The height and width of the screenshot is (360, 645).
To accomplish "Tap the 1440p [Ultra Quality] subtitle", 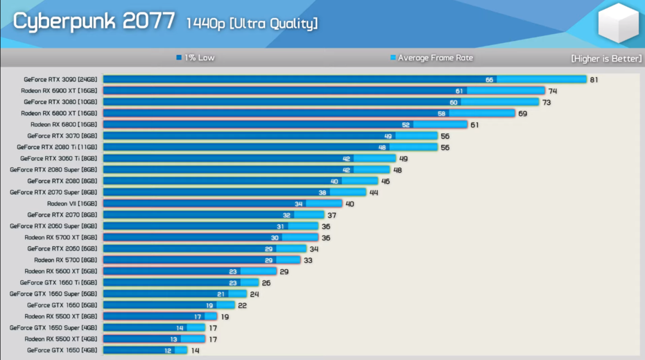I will click(x=251, y=24).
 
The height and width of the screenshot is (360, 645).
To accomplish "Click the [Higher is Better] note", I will click(x=604, y=58).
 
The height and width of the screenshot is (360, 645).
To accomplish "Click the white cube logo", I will click(x=617, y=23).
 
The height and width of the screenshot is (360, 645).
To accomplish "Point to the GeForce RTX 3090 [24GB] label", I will click(x=60, y=80).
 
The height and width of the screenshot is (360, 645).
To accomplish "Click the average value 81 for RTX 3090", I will click(x=594, y=80).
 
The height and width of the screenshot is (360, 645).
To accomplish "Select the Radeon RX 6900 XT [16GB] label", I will click(x=59, y=91).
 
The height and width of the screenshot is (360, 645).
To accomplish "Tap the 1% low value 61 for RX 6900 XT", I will click(x=459, y=91).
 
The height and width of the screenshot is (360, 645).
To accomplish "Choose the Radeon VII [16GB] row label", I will click(x=72, y=204).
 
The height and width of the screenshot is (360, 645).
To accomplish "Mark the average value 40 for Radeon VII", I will click(x=350, y=204).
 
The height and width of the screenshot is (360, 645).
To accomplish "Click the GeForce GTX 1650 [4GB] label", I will click(x=62, y=350).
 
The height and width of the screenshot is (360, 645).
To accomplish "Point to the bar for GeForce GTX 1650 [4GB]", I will click(x=145, y=350).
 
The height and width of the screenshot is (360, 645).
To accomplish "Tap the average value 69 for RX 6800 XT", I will click(x=522, y=113).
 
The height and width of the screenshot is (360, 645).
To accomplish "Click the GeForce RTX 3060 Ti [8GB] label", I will click(x=59, y=158).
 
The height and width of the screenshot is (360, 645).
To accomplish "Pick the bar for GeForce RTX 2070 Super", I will click(x=234, y=192).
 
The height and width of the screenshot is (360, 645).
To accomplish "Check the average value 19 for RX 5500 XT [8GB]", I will click(x=224, y=316).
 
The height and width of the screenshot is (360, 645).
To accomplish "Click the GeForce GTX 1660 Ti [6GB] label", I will click(x=59, y=282).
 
